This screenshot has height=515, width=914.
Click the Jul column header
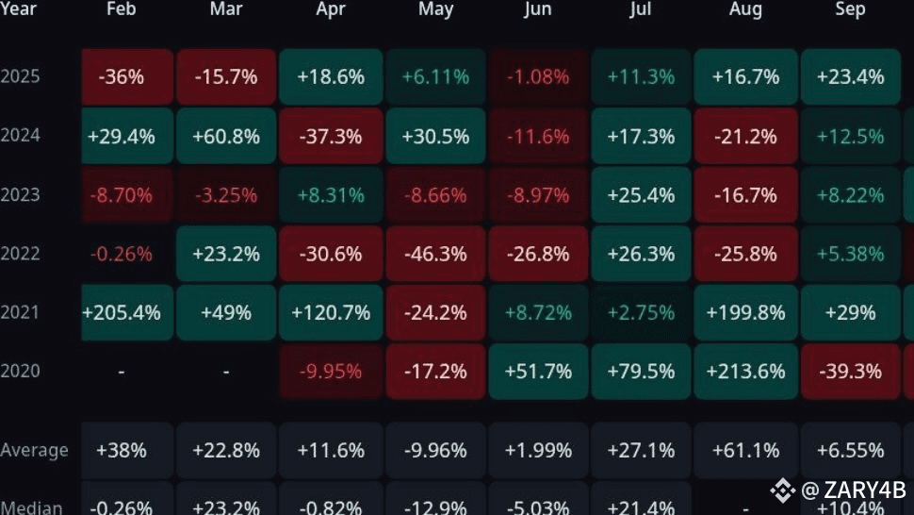click(x=641, y=9)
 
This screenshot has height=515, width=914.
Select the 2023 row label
click(x=21, y=194)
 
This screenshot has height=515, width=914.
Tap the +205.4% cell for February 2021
click(x=122, y=312)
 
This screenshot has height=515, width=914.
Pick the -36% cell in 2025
click(x=122, y=76)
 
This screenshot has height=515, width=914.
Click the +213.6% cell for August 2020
click(x=745, y=371)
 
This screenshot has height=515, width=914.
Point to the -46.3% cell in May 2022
click(x=434, y=254)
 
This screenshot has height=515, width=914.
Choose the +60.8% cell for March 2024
click(x=226, y=136)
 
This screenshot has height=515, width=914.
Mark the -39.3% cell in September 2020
click(x=850, y=371)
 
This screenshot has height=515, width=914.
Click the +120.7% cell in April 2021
click(x=331, y=312)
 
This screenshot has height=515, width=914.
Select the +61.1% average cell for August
click(x=745, y=450)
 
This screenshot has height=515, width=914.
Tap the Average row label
click(x=35, y=450)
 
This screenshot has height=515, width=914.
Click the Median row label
click(x=32, y=507)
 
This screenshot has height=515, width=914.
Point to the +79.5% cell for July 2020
click(x=641, y=371)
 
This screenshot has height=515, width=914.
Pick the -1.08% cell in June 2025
click(x=537, y=76)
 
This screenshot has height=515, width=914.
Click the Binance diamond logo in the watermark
click(x=782, y=490)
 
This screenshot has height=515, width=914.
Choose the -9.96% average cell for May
click(x=434, y=450)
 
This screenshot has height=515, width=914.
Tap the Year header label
click(x=19, y=9)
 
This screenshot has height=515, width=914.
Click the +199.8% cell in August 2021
click(x=745, y=312)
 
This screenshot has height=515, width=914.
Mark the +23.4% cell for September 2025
click(x=850, y=76)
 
